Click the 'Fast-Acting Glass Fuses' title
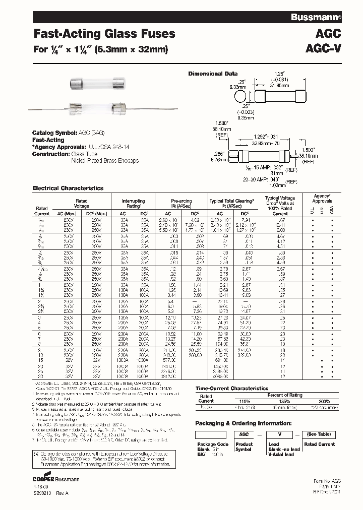click(104, 34)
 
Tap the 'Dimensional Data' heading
click(213, 74)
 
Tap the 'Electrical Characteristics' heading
click(68, 188)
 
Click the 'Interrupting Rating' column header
click(134, 203)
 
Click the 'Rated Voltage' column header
click(82, 203)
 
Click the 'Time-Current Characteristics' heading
click(231, 389)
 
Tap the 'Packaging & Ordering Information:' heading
click(244, 423)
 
